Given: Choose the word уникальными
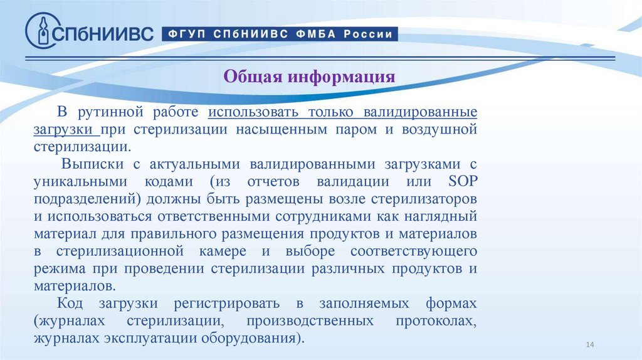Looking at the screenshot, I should [73, 182].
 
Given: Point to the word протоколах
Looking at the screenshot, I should [436, 321].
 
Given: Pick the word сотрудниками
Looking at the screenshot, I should [325, 216].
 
